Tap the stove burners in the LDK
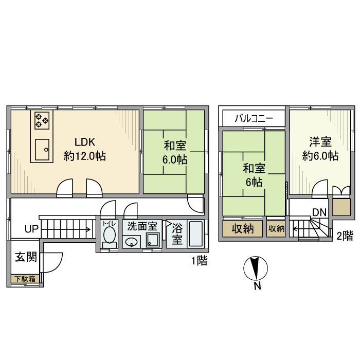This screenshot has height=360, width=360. tap(42, 121)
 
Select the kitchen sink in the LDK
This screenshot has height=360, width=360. tap(42, 150)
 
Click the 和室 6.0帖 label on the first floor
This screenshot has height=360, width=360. tap(175, 152)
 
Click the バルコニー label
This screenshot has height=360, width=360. tap(253, 118)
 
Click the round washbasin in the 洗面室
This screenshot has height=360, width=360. tap(132, 242)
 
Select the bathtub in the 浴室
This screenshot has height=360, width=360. tap(195, 234)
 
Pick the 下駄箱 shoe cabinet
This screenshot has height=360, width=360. tap(25, 279)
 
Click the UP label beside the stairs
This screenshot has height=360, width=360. tap(31, 229)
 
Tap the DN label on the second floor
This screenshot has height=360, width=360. tap(318, 212)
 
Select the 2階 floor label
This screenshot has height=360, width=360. tap(345, 236)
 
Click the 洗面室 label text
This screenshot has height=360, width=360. tap(142, 226)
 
